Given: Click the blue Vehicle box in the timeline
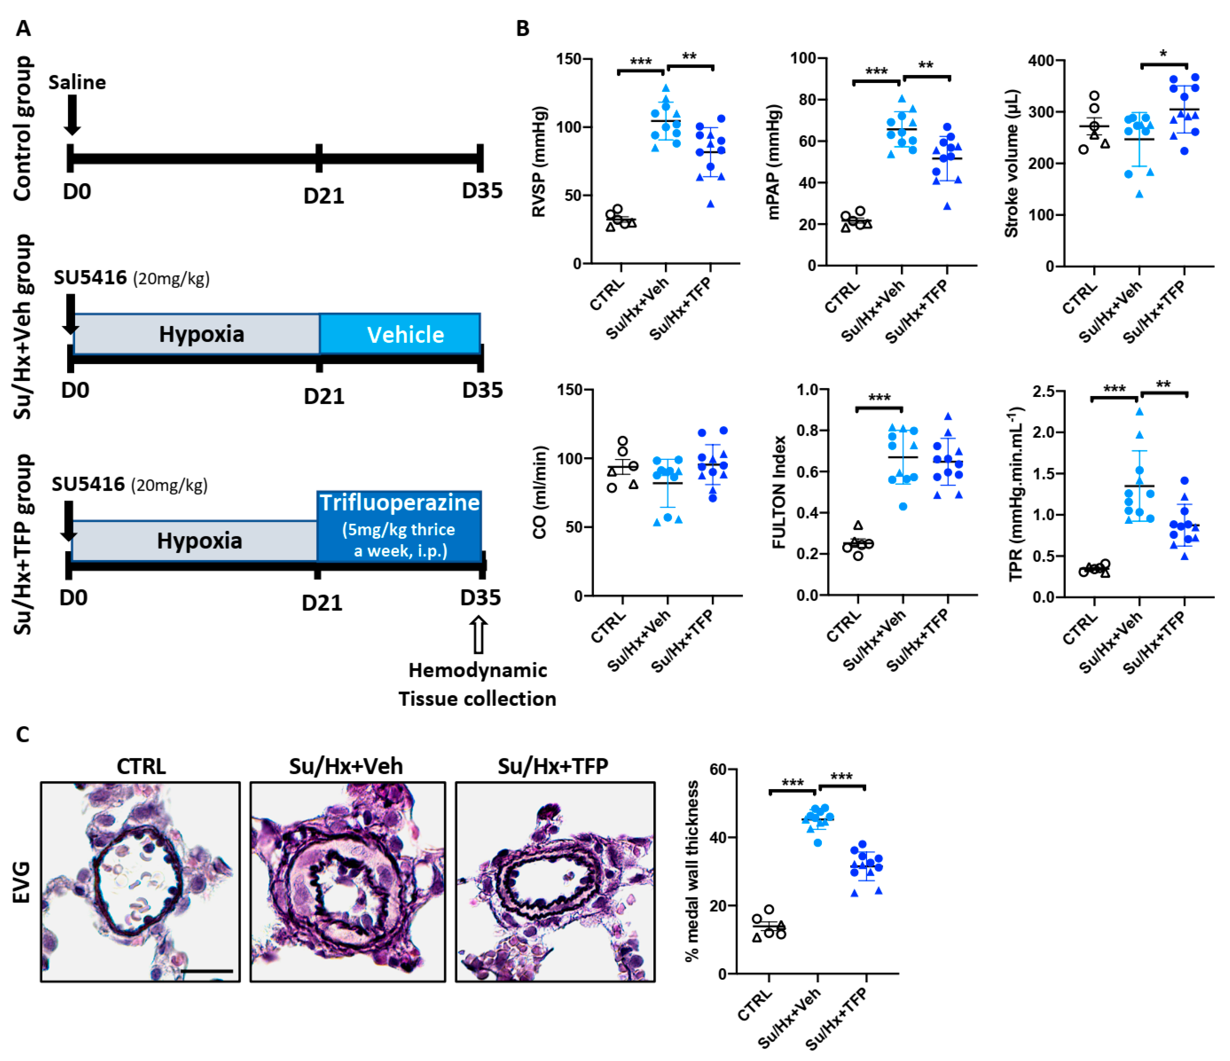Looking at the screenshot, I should [400, 334].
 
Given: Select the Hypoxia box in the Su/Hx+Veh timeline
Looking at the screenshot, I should [196, 334].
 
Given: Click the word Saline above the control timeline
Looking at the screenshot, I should [77, 82].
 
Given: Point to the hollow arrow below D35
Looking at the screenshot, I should [478, 634].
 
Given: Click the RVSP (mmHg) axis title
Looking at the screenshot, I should [539, 162].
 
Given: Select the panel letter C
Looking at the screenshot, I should [23, 734].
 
